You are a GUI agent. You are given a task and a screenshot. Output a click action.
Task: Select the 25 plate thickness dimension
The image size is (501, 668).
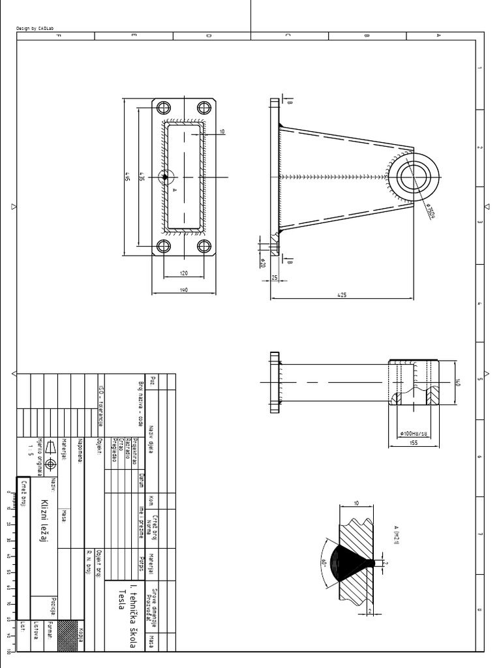point(275,279)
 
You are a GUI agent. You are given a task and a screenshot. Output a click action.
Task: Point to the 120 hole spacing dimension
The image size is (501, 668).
point(184,273)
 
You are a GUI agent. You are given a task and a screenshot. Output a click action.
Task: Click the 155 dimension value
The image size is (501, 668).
point(414,443)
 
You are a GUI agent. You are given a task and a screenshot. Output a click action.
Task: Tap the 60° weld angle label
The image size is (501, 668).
point(324,562)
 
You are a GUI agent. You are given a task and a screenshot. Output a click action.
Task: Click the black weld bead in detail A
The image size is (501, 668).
point(349,563)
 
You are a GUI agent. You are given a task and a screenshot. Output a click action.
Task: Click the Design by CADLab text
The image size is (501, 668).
point(35,29)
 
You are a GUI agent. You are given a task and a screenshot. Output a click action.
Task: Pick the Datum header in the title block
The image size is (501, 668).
point(141,482)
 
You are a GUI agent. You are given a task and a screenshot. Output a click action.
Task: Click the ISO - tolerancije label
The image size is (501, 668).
point(101,404)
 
